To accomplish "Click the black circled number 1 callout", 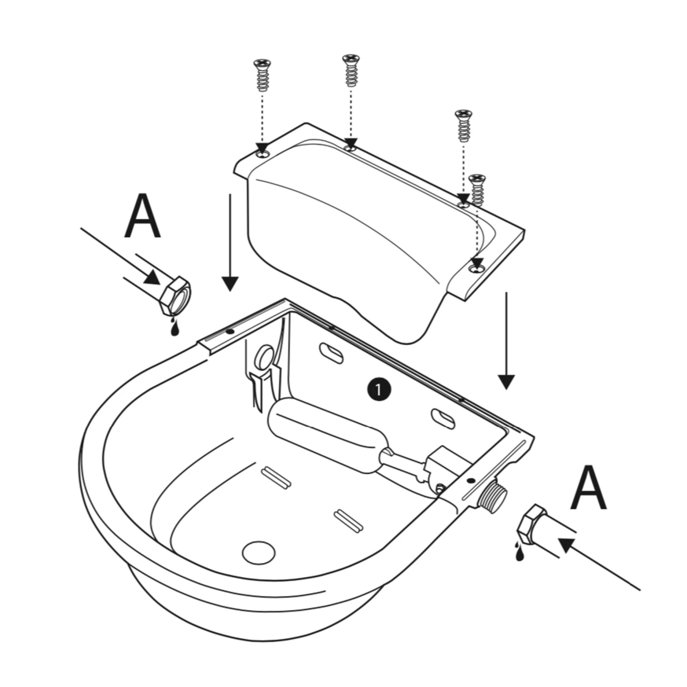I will (378, 390).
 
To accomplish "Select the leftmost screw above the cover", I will (262, 75).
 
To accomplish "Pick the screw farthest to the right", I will (478, 189).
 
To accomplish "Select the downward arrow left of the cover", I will (230, 243).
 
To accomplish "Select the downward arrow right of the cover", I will (506, 341).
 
